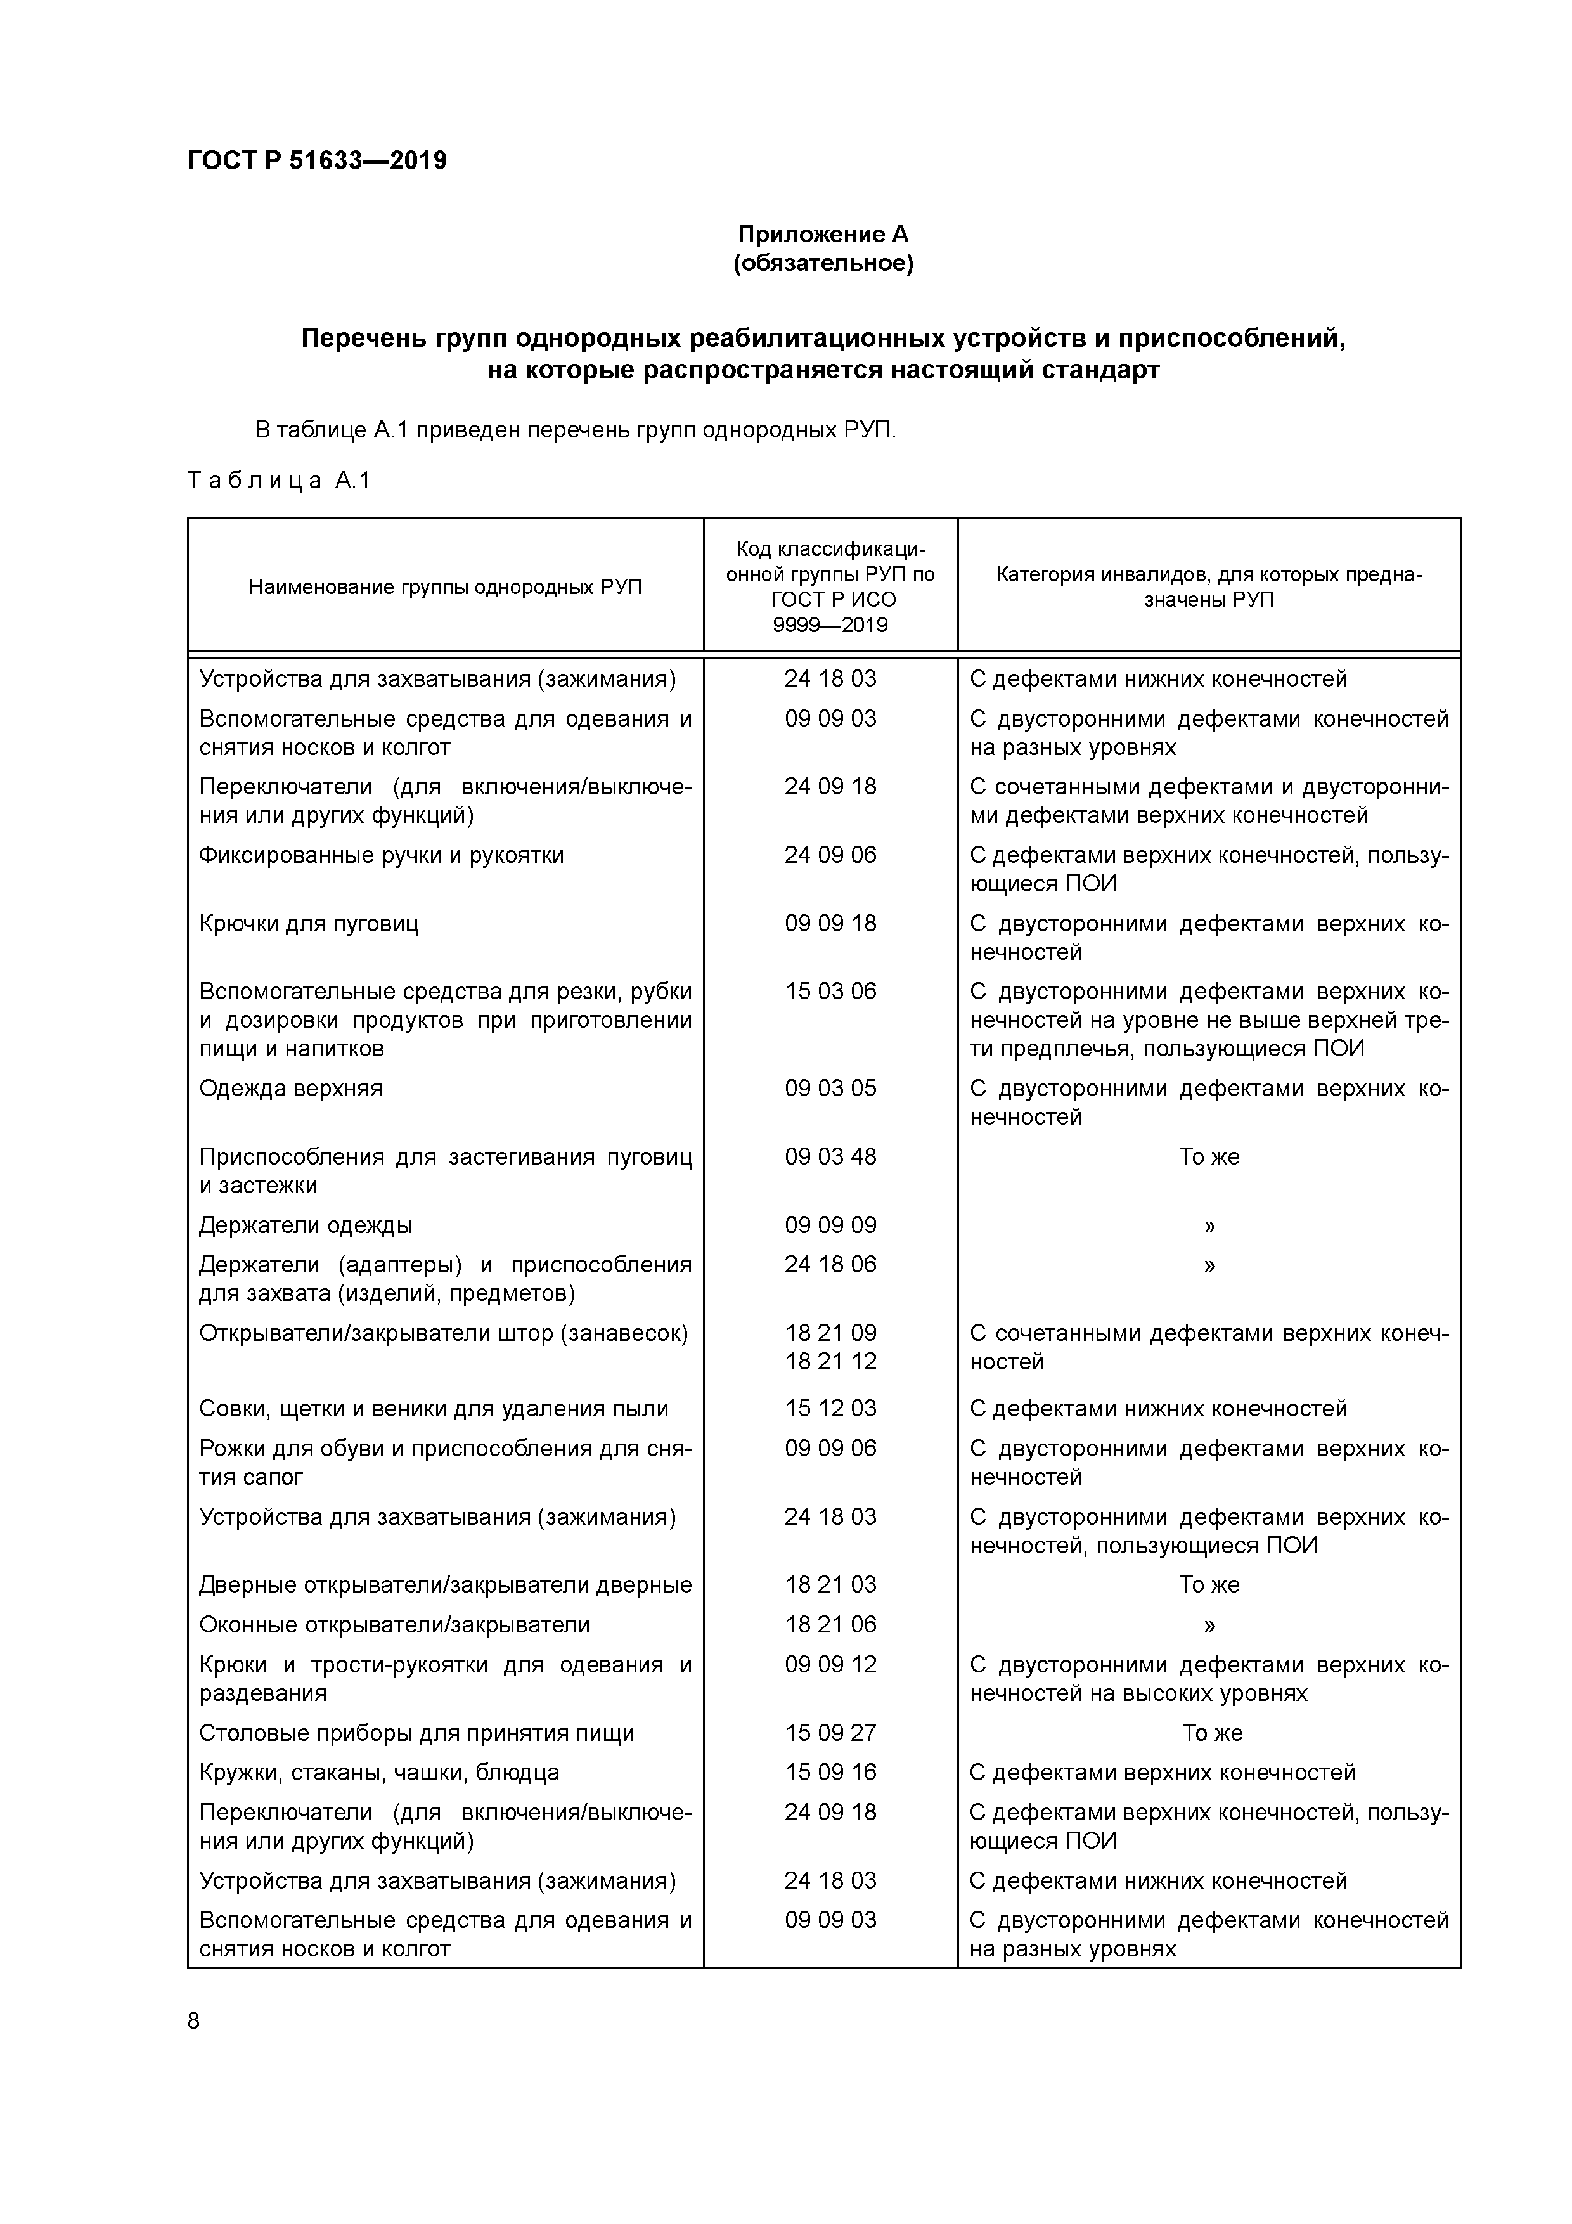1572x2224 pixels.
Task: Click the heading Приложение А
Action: tap(822, 235)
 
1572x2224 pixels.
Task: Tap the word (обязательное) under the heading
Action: tap(822, 264)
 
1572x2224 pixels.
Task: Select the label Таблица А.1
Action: tap(279, 481)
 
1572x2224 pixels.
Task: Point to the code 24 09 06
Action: tap(830, 855)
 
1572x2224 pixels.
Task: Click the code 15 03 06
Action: tap(830, 992)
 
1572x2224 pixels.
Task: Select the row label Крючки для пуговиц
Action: tap(309, 924)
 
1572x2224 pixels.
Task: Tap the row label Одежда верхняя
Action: tap(290, 1089)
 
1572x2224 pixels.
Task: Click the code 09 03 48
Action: tap(830, 1156)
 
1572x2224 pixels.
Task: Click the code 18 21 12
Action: tap(830, 1362)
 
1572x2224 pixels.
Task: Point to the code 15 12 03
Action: tap(830, 1409)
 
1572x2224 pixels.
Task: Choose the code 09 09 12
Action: tap(830, 1664)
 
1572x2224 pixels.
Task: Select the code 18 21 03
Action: tap(830, 1585)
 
